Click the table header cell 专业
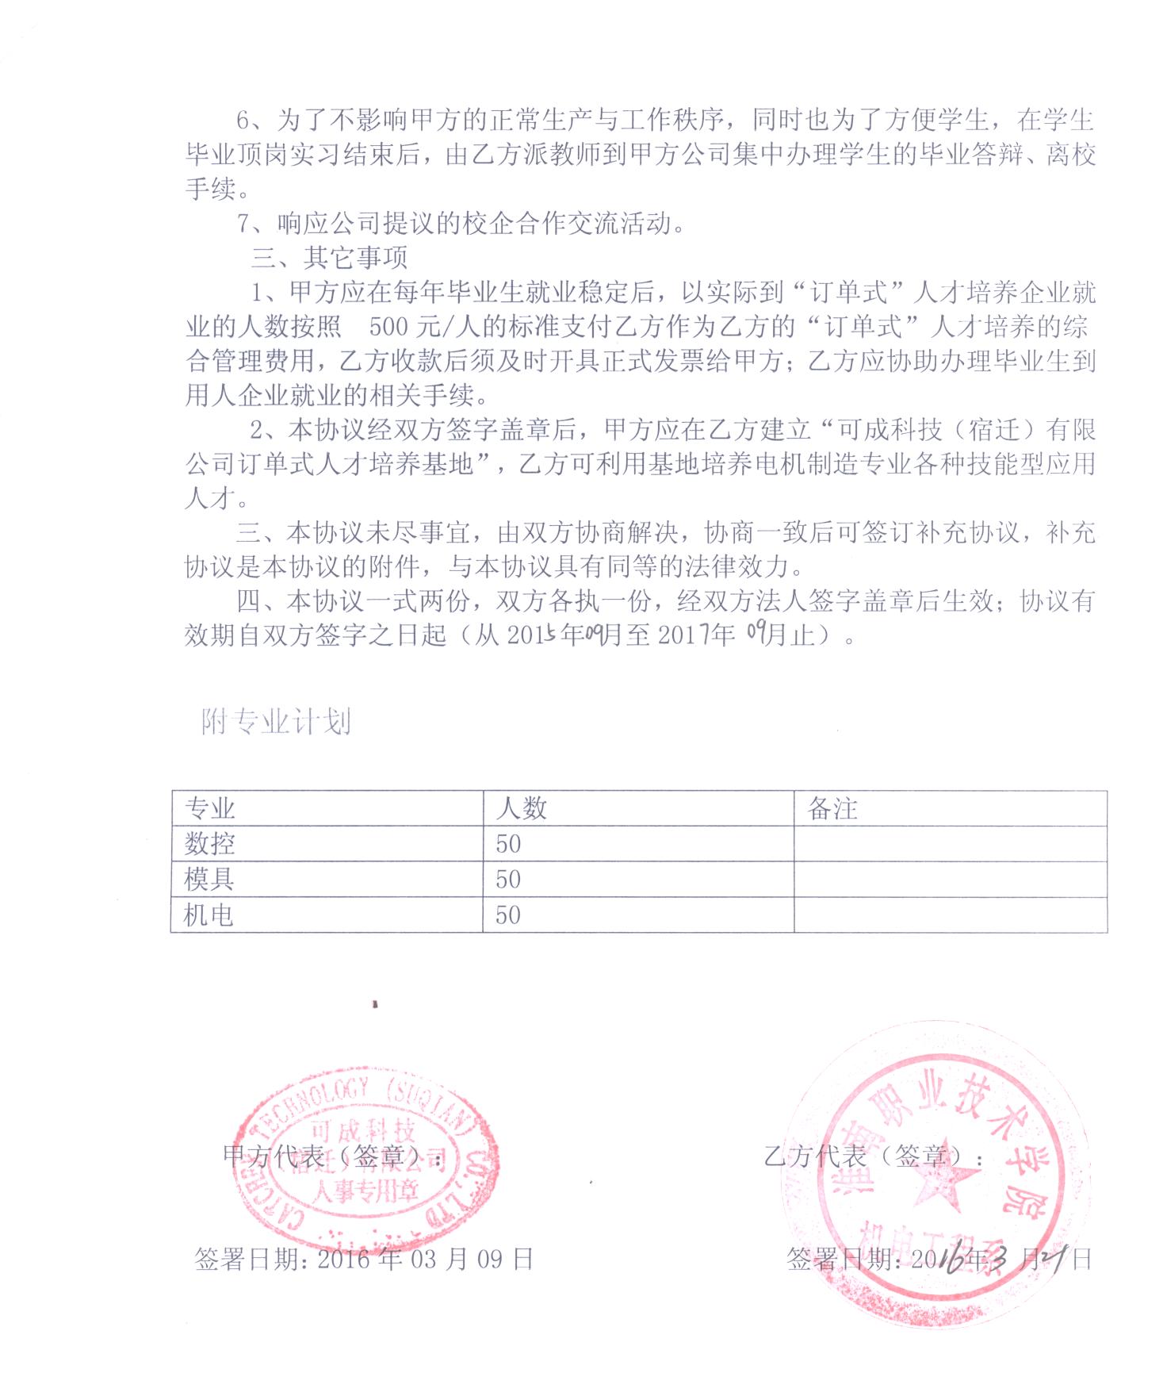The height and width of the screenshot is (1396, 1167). click(x=210, y=808)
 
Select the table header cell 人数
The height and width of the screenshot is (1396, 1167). click(x=521, y=808)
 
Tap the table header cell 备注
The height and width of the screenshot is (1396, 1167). click(x=832, y=808)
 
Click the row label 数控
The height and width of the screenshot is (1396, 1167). click(x=210, y=843)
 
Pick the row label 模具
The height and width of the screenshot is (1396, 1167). click(x=210, y=879)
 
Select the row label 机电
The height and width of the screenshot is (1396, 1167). click(x=209, y=915)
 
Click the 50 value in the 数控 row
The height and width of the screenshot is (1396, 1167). click(x=508, y=843)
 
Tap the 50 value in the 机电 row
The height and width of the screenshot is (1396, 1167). click(x=508, y=915)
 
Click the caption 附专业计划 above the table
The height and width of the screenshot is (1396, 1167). click(x=276, y=722)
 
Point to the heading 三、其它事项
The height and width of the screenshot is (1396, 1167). click(x=328, y=258)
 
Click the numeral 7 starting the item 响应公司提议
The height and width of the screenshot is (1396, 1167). click(x=245, y=224)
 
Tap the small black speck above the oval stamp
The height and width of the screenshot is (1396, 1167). click(x=374, y=1004)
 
